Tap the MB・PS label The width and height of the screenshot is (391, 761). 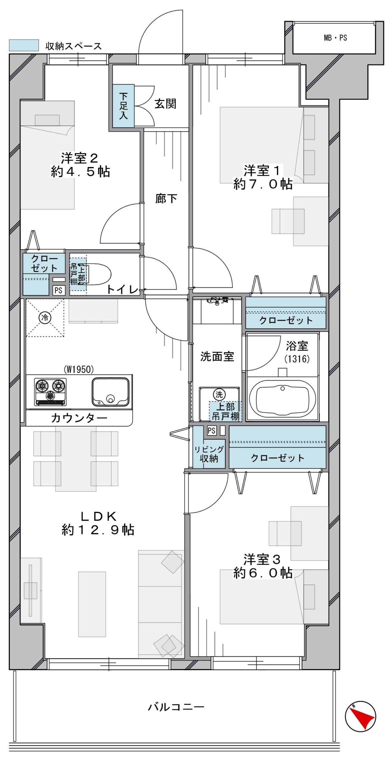click(x=335, y=38)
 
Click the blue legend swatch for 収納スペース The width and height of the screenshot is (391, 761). click(x=24, y=45)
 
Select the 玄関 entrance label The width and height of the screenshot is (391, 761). click(x=165, y=104)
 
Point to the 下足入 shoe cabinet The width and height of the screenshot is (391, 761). click(x=123, y=106)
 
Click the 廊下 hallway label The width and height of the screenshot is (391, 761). click(x=166, y=198)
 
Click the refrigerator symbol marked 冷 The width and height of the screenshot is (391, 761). click(x=45, y=318)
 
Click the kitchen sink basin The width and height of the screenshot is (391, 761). click(x=110, y=392)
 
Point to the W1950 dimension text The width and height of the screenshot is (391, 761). click(x=79, y=369)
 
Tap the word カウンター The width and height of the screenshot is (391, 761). click(x=79, y=418)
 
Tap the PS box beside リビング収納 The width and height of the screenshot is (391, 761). click(x=212, y=430)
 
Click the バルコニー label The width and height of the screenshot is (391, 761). click(x=176, y=707)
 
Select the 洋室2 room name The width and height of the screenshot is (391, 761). click(x=79, y=158)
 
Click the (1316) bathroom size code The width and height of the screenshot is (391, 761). click(x=297, y=359)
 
